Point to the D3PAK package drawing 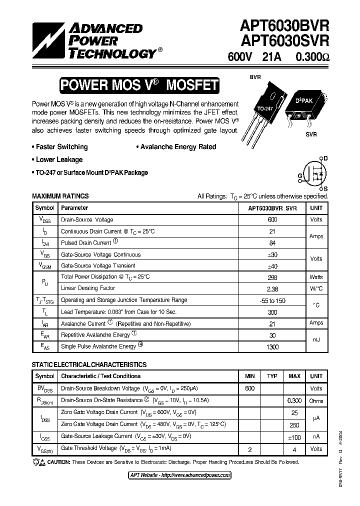[x=304, y=107]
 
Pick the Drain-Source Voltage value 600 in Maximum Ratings [x=272, y=220]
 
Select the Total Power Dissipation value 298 [x=272, y=277]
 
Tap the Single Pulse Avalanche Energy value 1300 [x=272, y=347]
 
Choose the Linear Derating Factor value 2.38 [x=272, y=288]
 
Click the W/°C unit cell [x=316, y=288]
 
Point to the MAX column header [x=294, y=376]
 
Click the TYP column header [x=272, y=376]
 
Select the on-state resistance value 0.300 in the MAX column [x=294, y=400]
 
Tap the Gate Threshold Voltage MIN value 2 [x=250, y=449]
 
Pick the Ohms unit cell [x=316, y=400]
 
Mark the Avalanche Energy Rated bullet [x=176, y=147]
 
